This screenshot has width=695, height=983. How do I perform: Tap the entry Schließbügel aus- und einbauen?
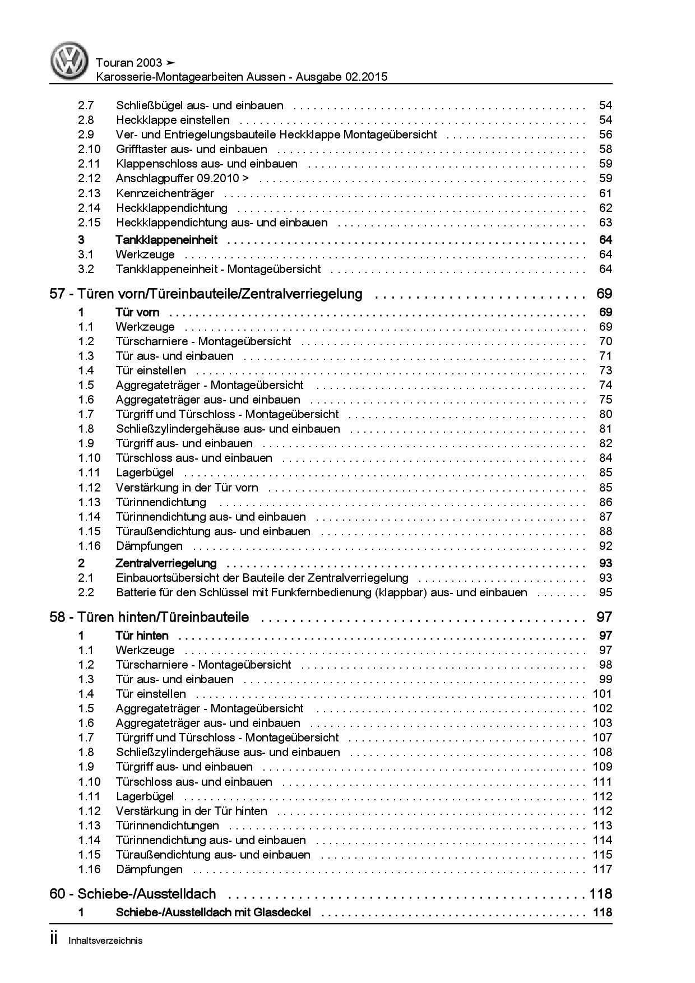(200, 105)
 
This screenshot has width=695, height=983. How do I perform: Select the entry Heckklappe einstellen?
(173, 120)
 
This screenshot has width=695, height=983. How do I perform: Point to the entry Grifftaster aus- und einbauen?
(192, 149)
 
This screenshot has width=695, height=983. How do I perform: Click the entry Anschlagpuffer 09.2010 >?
(183, 178)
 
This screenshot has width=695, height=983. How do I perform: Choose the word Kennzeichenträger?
(165, 193)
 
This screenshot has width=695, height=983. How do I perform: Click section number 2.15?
(89, 222)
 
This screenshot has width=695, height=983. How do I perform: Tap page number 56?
(605, 135)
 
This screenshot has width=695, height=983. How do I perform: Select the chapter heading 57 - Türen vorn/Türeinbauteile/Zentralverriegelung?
(206, 294)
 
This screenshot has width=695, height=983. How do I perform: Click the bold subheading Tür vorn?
(137, 312)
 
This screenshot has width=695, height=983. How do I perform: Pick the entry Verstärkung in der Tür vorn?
(187, 488)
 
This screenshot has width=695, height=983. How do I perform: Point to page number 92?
(605, 546)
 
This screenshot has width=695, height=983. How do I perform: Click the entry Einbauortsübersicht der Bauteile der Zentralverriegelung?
(262, 578)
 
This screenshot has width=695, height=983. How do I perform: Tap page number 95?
(605, 592)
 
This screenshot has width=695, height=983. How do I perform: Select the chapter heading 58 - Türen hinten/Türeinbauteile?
(150, 617)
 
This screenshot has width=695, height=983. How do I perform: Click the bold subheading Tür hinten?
(142, 636)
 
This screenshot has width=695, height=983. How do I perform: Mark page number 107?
(603, 738)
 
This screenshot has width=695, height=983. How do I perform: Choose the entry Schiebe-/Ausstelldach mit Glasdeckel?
(213, 912)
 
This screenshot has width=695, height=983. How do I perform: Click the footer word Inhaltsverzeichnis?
(105, 940)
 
